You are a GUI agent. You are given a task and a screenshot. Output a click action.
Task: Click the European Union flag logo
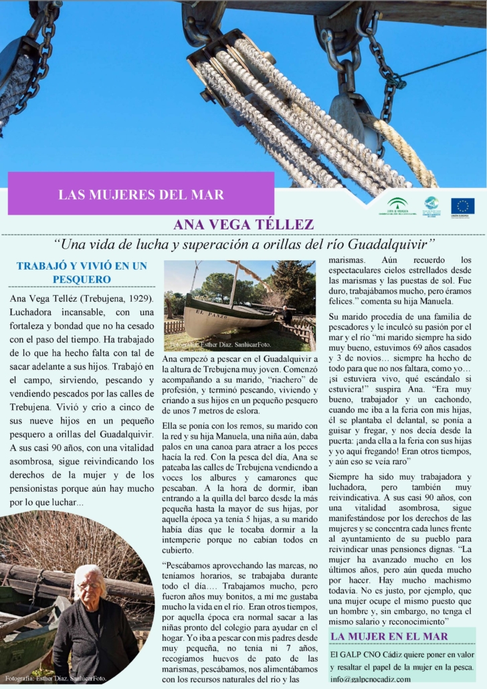(x=462, y=206)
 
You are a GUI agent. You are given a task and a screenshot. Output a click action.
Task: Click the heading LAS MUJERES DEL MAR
(x=141, y=195)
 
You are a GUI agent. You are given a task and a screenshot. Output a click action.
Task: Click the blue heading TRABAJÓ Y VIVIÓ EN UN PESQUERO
(x=82, y=272)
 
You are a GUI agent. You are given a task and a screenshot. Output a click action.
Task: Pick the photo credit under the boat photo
(x=221, y=345)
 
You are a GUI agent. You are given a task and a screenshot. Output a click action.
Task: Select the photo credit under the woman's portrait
(x=55, y=678)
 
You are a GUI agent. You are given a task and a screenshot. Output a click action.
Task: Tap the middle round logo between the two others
(x=431, y=205)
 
